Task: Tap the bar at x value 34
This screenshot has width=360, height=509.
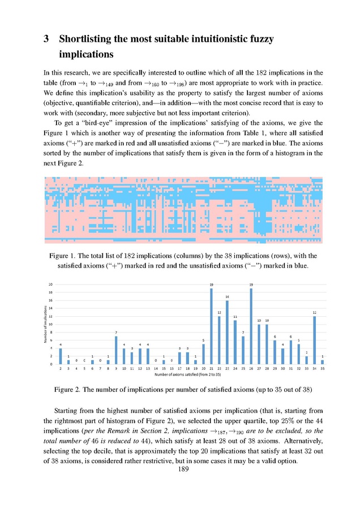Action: [314, 340]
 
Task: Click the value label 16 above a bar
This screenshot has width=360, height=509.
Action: [228, 296]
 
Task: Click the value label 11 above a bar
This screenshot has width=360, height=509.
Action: [235, 316]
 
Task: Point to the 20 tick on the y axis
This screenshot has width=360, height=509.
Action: [51, 284]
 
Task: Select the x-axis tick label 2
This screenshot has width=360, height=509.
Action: [61, 369]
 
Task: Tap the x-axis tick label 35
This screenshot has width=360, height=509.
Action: [322, 369]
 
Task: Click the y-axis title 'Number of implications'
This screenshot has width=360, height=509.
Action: [45, 323]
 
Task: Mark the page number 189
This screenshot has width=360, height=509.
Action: [183, 469]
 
